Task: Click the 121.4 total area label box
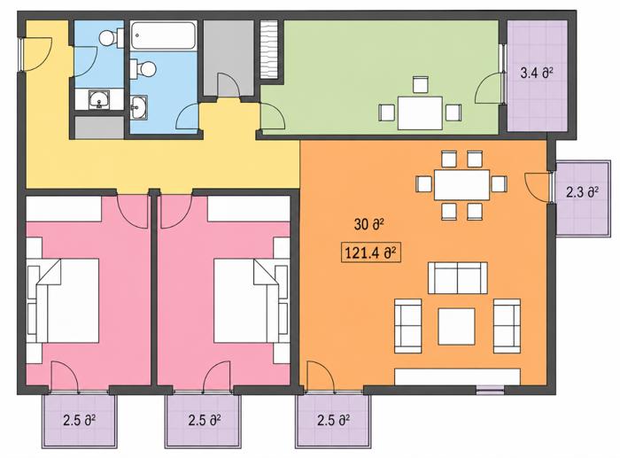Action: tap(371, 252)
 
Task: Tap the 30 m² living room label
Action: tap(369, 225)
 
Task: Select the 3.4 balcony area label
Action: tap(536, 74)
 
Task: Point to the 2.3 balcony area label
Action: tap(582, 192)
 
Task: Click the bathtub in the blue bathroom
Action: tap(163, 35)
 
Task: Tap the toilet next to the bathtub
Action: tap(143, 69)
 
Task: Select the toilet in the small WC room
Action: tap(112, 38)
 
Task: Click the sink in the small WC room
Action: tap(99, 99)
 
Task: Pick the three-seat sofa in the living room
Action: tap(458, 278)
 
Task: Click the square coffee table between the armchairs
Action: tap(456, 326)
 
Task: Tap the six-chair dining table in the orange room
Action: tap(461, 184)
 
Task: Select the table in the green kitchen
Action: tap(420, 113)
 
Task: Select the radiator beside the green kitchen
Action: tap(269, 50)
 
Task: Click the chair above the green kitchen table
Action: tap(420, 85)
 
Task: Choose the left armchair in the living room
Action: tap(408, 326)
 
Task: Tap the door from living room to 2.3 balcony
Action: tap(539, 187)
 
